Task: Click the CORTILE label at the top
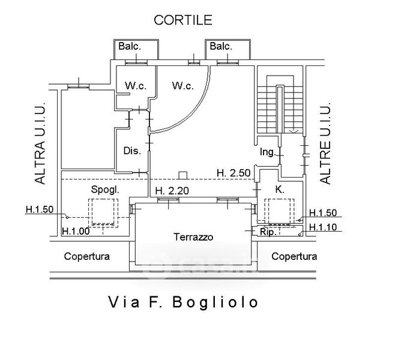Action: tap(183, 20)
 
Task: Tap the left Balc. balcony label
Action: tap(129, 46)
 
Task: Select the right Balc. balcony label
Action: tap(220, 46)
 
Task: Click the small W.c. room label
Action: tap(135, 86)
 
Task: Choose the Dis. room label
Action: tap(132, 151)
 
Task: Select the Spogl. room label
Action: tap(105, 189)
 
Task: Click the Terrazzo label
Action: tap(193, 236)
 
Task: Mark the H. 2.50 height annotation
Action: tap(233, 173)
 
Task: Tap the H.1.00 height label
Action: tap(76, 231)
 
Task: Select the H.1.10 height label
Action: tap(324, 227)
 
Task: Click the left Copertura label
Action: tap(87, 256)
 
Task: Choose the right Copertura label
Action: tap(294, 256)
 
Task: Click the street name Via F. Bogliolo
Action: tap(183, 301)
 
